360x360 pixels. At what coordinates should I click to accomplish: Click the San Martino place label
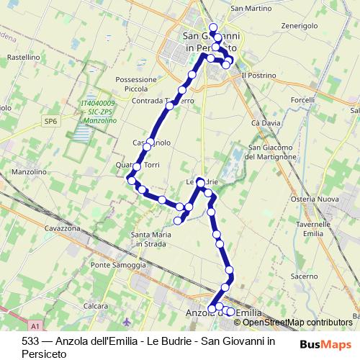click(x=251, y=8)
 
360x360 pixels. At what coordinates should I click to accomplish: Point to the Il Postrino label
click(x=258, y=74)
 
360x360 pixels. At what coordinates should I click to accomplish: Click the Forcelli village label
click(x=302, y=99)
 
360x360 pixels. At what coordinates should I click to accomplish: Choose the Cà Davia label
click(x=266, y=123)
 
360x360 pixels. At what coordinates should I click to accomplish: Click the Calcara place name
click(x=95, y=305)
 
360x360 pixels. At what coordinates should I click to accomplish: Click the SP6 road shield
click(x=50, y=122)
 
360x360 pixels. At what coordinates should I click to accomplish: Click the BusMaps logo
click(x=325, y=344)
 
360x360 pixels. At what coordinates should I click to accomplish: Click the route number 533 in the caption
click(x=30, y=341)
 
